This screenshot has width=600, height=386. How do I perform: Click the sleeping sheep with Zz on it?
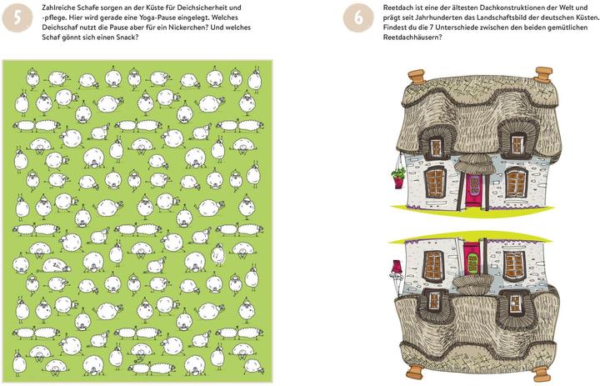point(56,265)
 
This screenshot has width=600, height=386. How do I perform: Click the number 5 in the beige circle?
point(17,18)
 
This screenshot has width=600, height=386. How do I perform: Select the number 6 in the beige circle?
point(358,18)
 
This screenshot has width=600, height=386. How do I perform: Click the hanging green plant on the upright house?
point(398,173)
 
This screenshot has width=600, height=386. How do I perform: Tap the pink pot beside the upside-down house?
point(396,265)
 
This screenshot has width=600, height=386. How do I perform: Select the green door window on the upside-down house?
point(472,263)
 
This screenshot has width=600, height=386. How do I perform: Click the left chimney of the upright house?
point(417,75)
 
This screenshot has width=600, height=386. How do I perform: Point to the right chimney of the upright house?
point(543,74)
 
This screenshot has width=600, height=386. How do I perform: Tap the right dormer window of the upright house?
point(517,145)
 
